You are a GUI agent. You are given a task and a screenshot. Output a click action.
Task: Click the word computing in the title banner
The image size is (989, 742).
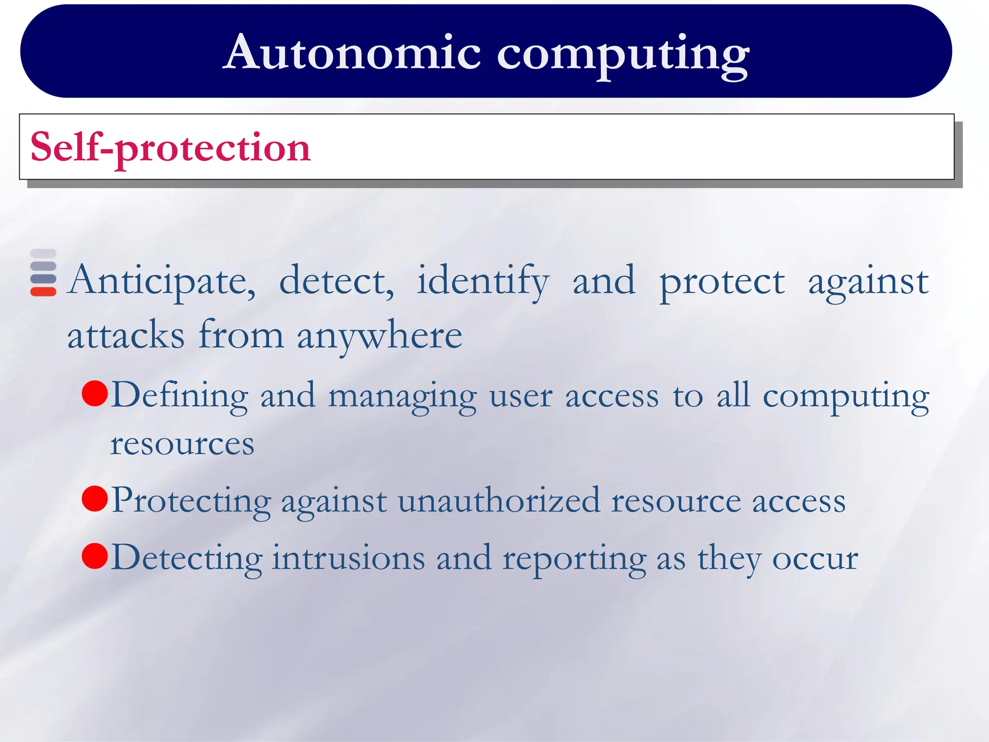(623, 54)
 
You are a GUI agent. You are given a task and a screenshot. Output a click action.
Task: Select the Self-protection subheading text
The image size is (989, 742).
(170, 147)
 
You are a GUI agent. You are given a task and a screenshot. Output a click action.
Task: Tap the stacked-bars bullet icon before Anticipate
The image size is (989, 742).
(43, 273)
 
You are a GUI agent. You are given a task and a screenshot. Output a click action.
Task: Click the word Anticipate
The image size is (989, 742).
(162, 281)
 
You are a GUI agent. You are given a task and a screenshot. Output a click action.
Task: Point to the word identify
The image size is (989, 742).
(483, 281)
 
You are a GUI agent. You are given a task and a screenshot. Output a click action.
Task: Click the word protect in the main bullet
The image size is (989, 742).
(722, 281)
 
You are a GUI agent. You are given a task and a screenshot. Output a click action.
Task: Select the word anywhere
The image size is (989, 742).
(380, 336)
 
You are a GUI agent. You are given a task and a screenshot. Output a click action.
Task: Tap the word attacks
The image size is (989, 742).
(126, 336)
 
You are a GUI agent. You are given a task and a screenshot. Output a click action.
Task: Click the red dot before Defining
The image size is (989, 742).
(95, 393)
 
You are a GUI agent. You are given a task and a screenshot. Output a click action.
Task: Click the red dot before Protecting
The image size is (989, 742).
(95, 499)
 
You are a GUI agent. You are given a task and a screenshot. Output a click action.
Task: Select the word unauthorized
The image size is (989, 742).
(499, 501)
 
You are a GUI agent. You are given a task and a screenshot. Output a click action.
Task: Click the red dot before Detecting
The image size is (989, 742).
(95, 556)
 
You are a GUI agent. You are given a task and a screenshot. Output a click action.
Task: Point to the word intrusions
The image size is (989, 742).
(348, 558)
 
